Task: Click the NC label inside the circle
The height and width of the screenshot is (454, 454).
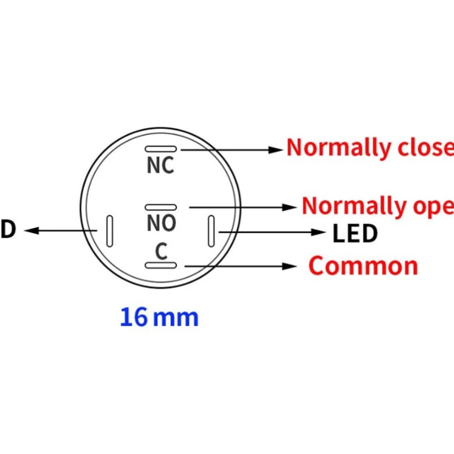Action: click(x=161, y=166)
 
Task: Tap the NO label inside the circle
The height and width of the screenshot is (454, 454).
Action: click(x=161, y=224)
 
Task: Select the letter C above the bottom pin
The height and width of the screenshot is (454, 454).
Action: click(x=162, y=252)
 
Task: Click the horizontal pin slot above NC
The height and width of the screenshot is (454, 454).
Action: click(x=161, y=149)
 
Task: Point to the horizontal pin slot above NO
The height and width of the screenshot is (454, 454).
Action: click(x=161, y=208)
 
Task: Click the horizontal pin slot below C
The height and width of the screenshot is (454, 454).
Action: click(x=162, y=266)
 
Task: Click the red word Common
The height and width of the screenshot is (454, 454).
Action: click(x=363, y=266)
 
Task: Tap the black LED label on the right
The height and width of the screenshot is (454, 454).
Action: click(x=355, y=233)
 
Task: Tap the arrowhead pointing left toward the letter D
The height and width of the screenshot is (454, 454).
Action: click(x=31, y=230)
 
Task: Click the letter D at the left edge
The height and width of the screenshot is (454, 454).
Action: click(x=8, y=230)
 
